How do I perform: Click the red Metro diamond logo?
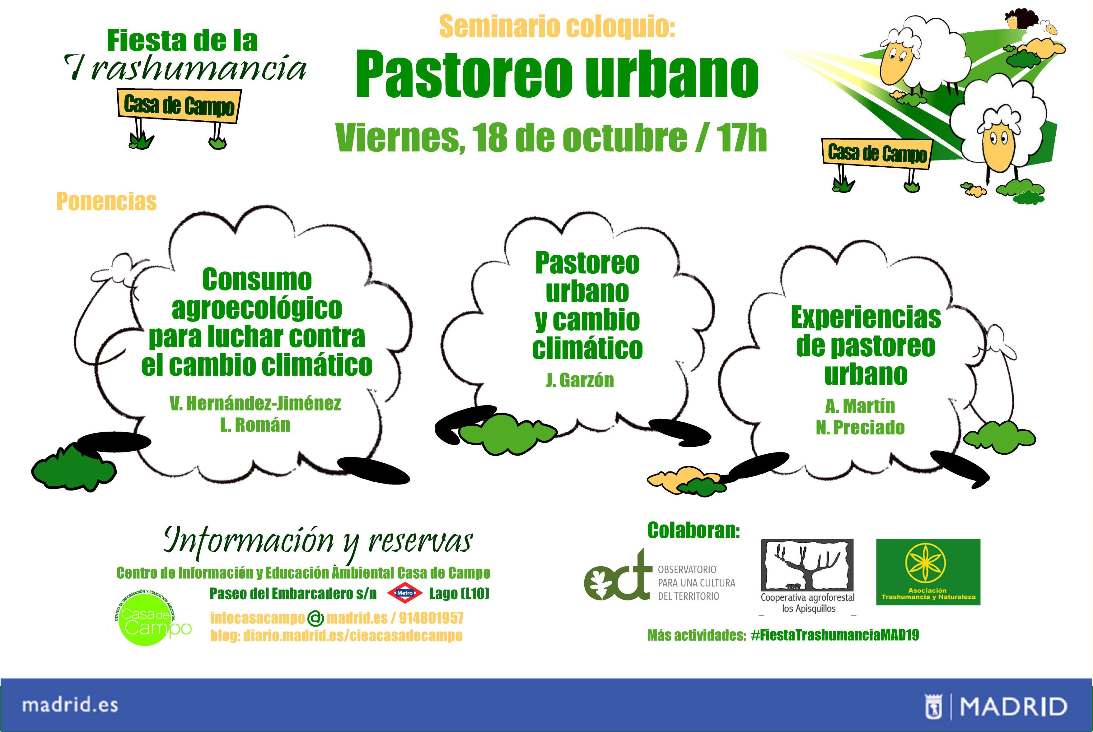pyautogui.click(x=405, y=593)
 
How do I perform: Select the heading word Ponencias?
pyautogui.click(x=106, y=202)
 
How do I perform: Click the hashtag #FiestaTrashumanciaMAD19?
pyautogui.click(x=835, y=635)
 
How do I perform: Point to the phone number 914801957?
pyautogui.click(x=431, y=618)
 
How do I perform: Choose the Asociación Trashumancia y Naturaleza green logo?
pyautogui.click(x=928, y=572)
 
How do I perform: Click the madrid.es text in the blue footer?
pyautogui.click(x=70, y=705)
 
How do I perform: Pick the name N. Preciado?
pyautogui.click(x=860, y=428)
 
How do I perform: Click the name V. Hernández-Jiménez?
pyautogui.click(x=255, y=403)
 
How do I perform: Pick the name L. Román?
pyautogui.click(x=255, y=425)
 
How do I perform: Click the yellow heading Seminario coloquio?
pyautogui.click(x=557, y=27)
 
